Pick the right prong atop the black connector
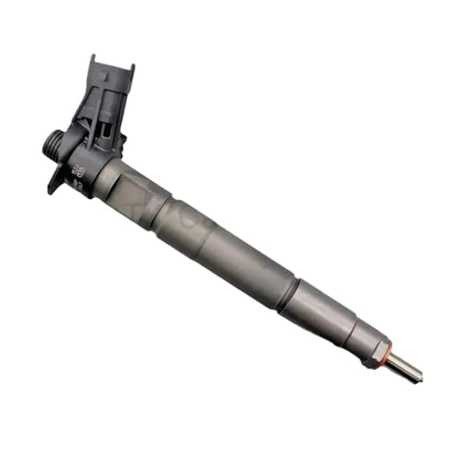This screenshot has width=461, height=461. coord(129,72)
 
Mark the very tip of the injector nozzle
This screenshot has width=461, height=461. coord(420,376)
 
